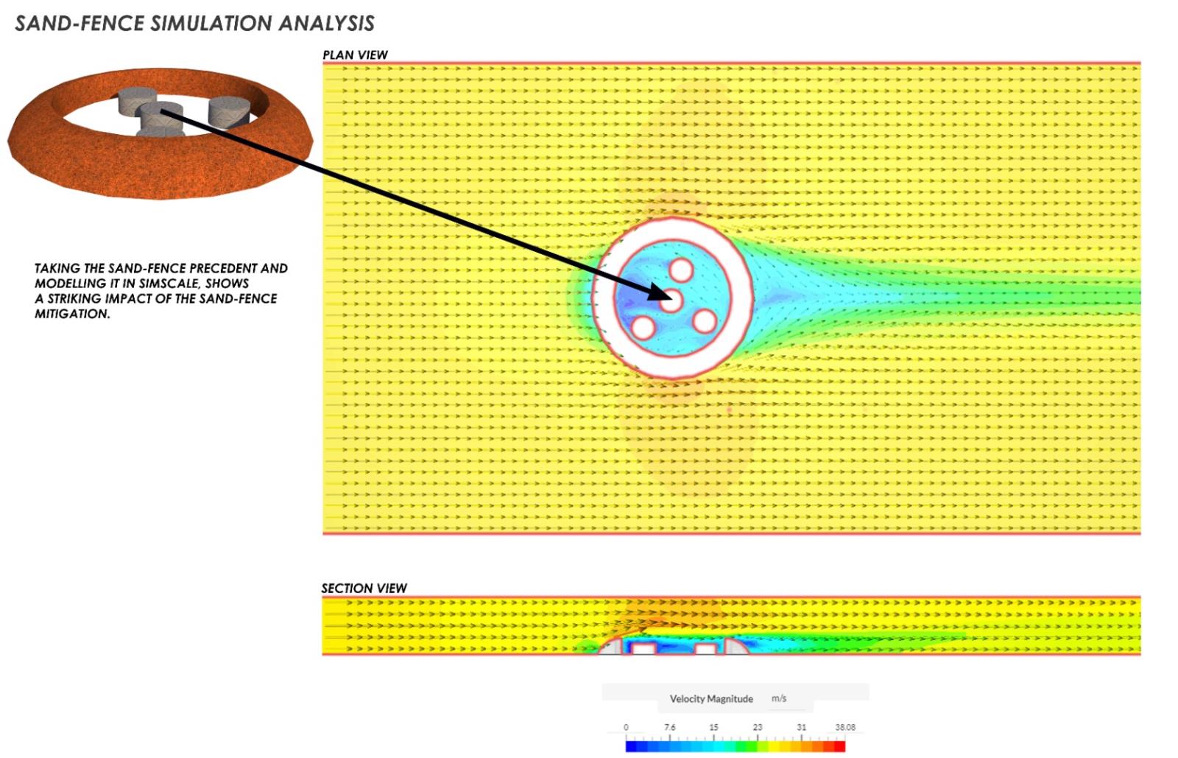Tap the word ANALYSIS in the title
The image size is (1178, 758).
(327, 23)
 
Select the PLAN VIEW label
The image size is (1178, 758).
(355, 55)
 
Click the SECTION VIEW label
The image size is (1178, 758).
(364, 588)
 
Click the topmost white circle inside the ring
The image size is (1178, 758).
(681, 270)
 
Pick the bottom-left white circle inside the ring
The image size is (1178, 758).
(643, 327)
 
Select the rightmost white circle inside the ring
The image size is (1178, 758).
(705, 321)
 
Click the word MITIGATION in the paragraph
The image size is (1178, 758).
(72, 314)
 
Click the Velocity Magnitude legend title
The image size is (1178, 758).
(711, 698)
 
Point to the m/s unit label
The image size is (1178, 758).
(779, 698)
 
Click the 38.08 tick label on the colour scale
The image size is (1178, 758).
(845, 727)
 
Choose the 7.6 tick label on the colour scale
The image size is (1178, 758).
(669, 727)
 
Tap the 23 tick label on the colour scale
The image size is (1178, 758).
(758, 727)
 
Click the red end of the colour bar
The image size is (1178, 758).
(840, 746)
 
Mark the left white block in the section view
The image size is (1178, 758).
(643, 648)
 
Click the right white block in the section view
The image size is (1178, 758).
(705, 649)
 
